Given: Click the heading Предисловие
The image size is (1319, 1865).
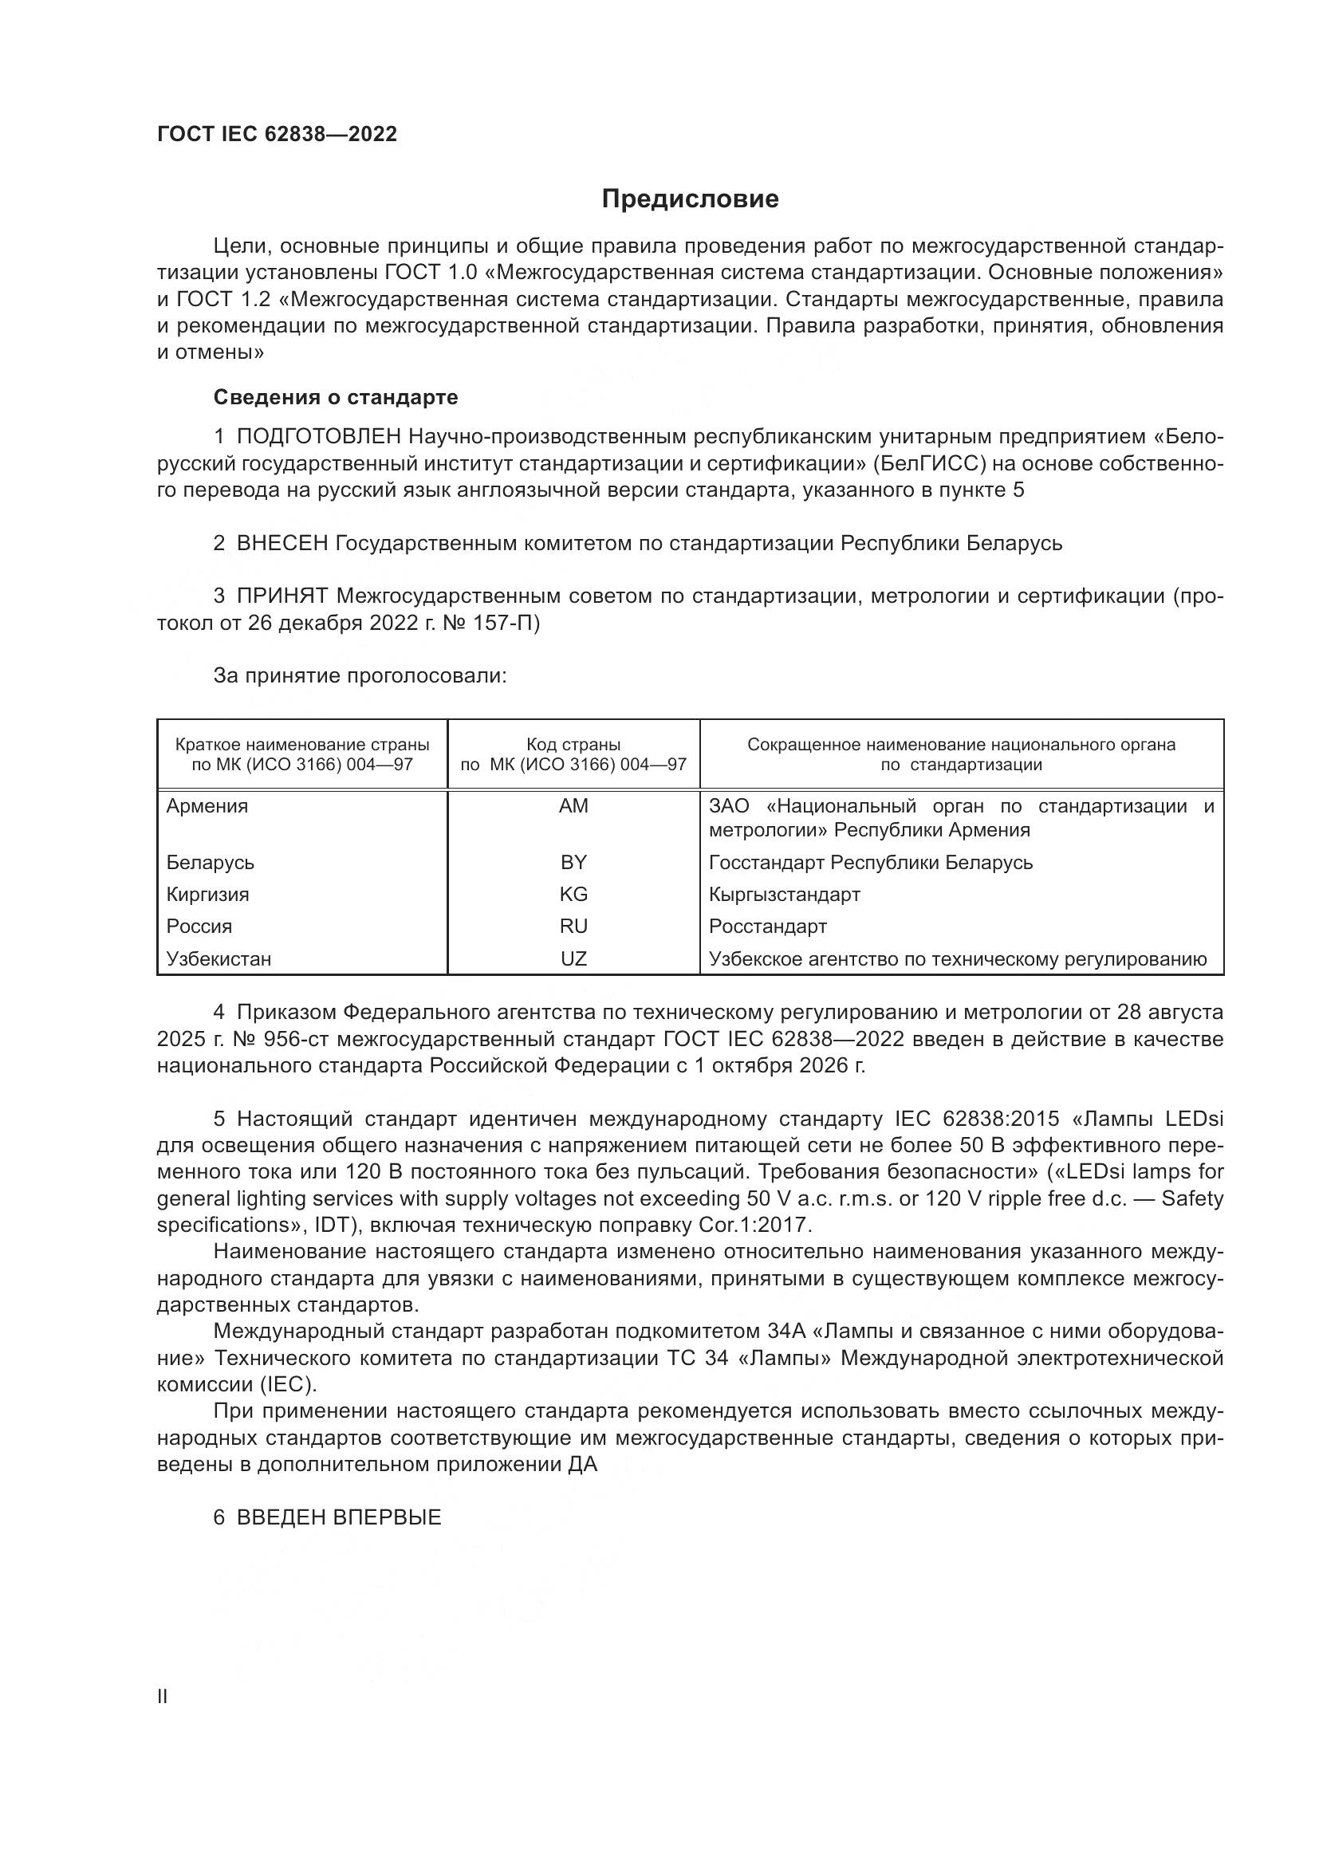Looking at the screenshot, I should coord(690,199).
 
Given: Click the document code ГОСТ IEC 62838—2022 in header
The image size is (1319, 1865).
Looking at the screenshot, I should coord(277,135).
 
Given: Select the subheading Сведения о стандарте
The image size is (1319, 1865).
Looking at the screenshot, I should coord(336,397).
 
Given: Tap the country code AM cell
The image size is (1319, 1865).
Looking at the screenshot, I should coord(573,806).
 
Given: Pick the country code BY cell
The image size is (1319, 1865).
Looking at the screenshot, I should coord(573,862).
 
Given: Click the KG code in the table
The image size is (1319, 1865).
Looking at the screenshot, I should coord(573,895).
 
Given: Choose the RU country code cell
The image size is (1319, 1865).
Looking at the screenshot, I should coord(573,926).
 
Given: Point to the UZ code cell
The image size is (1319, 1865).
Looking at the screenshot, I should coord(573,958).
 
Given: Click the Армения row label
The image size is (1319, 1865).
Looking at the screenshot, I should coord(207,806).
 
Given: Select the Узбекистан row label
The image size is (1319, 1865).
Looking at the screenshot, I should coord(219,958).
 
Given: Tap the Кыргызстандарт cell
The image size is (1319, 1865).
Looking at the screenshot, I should coord(784,895).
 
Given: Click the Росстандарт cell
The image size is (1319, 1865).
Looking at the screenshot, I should coord(767,926).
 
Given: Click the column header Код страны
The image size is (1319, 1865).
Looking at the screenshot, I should coord(573,744).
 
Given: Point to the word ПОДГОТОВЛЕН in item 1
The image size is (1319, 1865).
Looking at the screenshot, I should coord(318,437).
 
